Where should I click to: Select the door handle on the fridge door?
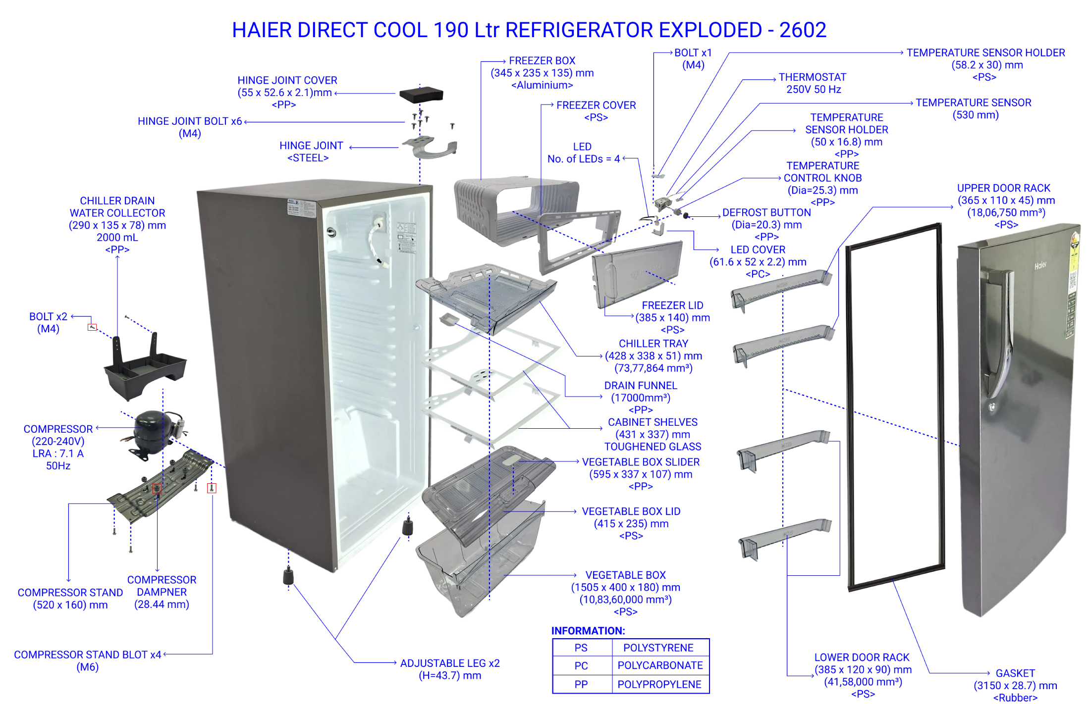tap(997, 342)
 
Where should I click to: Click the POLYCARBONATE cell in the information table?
tap(661, 665)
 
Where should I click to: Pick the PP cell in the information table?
tap(582, 684)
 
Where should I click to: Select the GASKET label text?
tap(1015, 673)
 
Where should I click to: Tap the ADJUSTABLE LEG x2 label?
tap(450, 663)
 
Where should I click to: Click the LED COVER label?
tap(758, 250)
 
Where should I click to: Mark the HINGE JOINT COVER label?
tap(287, 80)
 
